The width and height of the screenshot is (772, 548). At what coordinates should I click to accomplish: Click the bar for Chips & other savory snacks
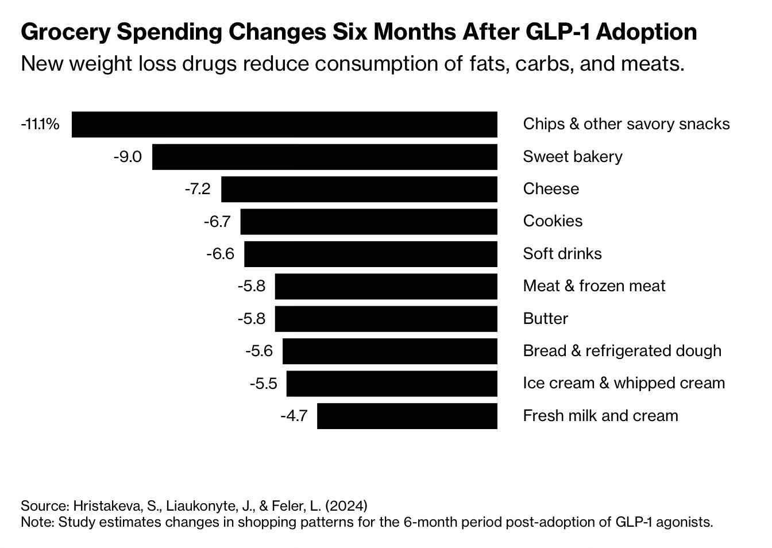pos(284,125)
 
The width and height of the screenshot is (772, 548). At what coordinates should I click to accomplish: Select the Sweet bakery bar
pos(325,157)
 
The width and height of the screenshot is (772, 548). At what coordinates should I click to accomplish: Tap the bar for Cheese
pos(359,189)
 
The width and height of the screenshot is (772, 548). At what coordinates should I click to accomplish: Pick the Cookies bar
pos(369,222)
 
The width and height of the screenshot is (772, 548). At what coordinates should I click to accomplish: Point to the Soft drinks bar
pos(370,254)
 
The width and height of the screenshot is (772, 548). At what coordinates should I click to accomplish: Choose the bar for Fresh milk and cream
pos(407,416)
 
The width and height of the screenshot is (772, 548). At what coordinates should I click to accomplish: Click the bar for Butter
pos(386,319)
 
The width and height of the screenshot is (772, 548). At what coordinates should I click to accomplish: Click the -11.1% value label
pos(40,124)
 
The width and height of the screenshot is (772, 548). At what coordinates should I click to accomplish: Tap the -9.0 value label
pos(128,157)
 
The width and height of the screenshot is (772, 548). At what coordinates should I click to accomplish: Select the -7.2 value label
pos(197,189)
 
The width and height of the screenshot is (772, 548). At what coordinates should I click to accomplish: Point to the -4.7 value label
pos(294,416)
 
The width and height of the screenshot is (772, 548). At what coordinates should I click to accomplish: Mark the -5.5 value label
pos(263,383)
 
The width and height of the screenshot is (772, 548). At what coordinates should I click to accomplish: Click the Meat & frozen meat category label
pos(594,286)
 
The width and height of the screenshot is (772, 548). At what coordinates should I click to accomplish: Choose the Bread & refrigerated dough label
pos(622,351)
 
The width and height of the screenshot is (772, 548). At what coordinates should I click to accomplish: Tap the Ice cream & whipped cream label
pos(624,383)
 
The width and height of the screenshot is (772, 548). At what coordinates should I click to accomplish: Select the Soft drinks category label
pos(562,254)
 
